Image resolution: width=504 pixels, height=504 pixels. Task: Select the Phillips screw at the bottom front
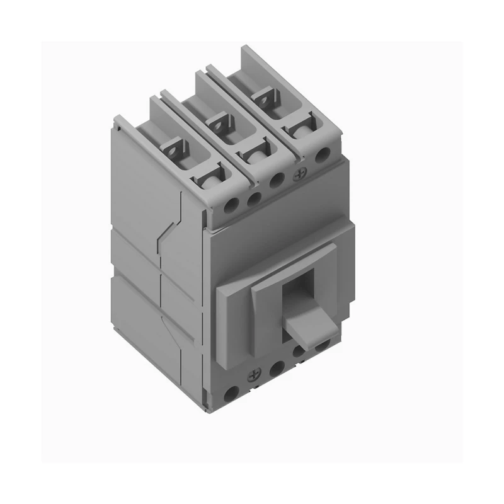tap(256, 374)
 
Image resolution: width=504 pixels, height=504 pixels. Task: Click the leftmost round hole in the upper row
tap(231, 205)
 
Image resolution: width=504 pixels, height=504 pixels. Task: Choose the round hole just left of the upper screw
tap(276, 179)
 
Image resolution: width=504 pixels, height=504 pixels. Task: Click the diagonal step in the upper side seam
tap(169, 224)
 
